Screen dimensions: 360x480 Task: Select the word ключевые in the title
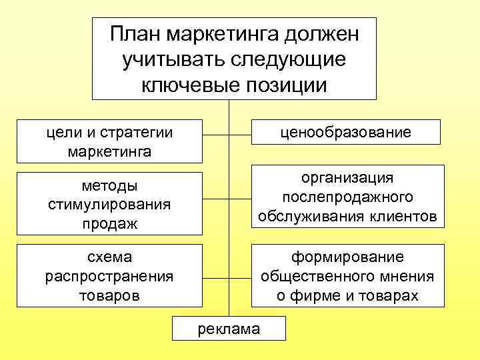[x=183, y=85]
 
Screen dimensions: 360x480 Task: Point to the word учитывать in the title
[x=174, y=59]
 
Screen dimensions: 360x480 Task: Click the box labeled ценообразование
[x=345, y=132]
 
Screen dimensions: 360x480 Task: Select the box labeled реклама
[x=229, y=327]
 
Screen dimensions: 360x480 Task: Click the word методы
[x=109, y=185]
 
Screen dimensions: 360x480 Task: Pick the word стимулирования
[x=109, y=204]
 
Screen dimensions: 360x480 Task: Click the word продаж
[x=109, y=223]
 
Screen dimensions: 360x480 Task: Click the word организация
[x=347, y=178]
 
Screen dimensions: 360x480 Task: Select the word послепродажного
[x=347, y=197]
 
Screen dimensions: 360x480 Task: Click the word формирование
[x=347, y=257]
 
